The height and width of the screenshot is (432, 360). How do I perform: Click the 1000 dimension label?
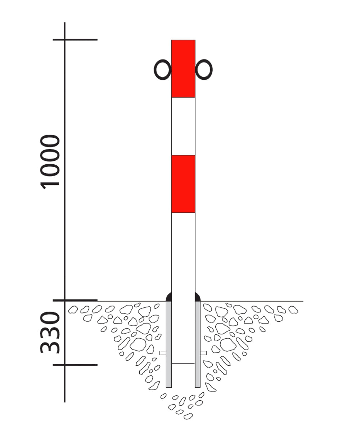point(50,162)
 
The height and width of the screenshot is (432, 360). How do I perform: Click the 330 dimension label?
point(50,332)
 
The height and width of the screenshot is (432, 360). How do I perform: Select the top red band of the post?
point(183,68)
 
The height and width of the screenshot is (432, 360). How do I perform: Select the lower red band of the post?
point(183,184)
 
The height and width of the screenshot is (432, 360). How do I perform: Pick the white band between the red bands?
point(183,126)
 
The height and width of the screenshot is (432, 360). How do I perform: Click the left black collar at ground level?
point(169,297)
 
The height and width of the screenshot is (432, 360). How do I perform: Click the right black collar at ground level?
point(198,297)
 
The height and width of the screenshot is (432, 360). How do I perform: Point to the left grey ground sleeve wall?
point(169,344)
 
